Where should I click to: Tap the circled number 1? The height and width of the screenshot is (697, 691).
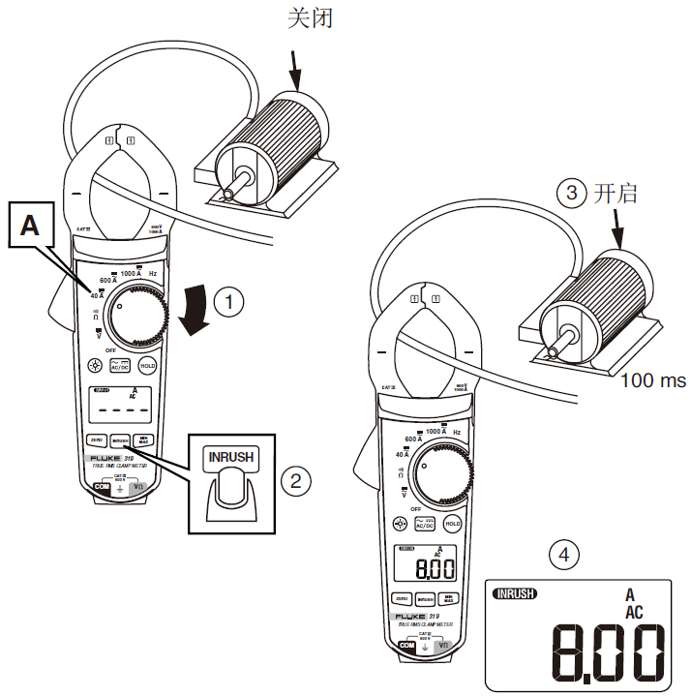[229, 303]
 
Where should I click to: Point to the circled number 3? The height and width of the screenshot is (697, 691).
[572, 194]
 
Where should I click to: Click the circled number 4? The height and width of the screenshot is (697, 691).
[564, 555]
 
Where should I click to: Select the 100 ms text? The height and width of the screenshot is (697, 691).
[653, 379]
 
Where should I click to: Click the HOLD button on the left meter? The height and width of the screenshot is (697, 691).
[148, 366]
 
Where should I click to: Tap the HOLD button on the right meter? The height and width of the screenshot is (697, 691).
[452, 524]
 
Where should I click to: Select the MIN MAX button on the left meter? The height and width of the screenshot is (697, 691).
[143, 439]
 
